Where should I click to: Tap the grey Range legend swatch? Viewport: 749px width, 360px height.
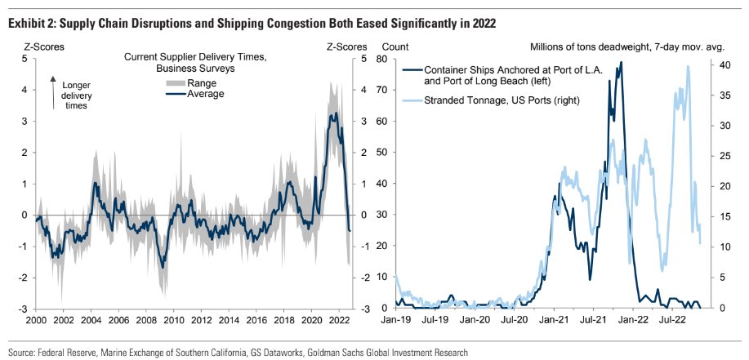point(149,82)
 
